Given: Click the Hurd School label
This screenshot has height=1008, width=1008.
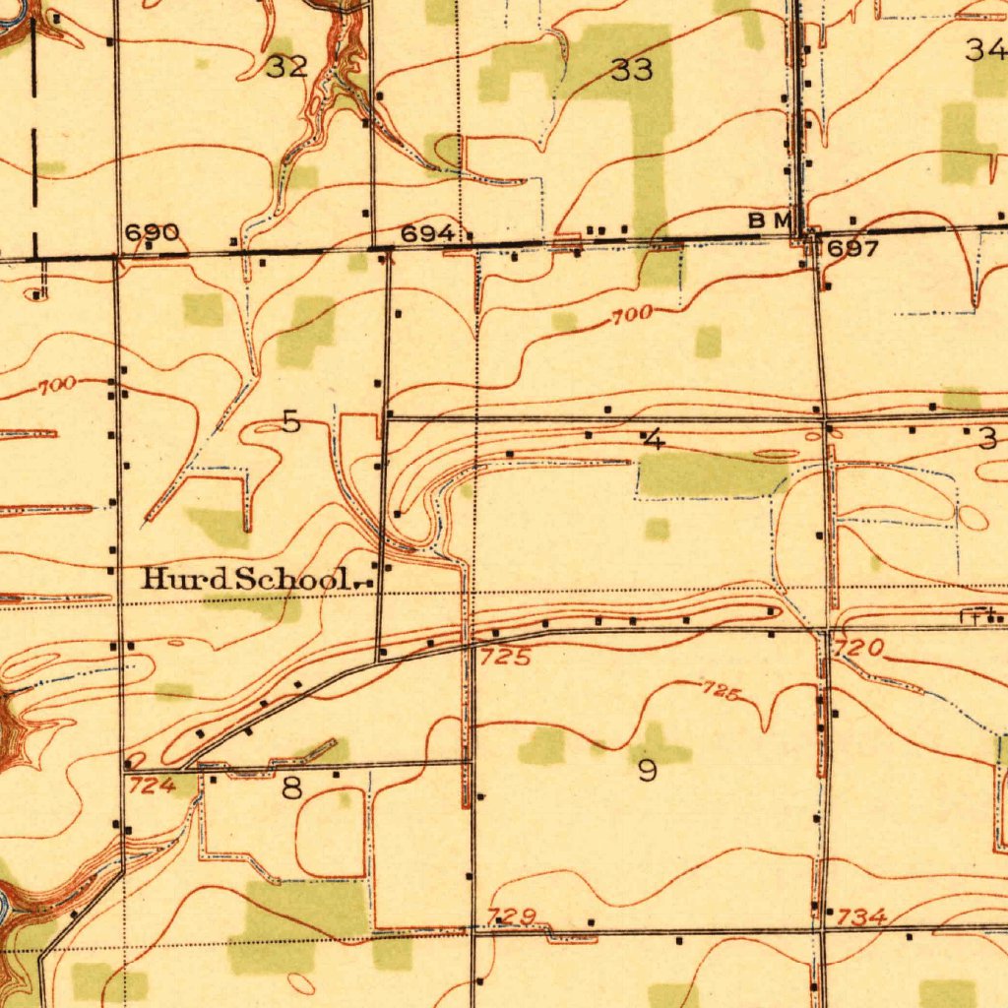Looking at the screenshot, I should pos(245,579).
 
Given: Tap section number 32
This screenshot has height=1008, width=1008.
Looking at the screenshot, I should pos(286,67).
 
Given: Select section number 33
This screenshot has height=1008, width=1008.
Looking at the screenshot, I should pos(631,70).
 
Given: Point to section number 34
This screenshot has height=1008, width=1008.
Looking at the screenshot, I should pos(985,48).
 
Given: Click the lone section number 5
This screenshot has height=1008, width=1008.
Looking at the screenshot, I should pos(290,421).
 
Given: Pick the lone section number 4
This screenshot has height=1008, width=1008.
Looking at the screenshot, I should pos(653,439).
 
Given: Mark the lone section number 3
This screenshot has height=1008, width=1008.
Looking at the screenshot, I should pos(987,439).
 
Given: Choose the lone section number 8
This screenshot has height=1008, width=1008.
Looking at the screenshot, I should pos(291,787).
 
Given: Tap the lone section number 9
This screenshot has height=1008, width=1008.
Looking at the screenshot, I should pos(647,770).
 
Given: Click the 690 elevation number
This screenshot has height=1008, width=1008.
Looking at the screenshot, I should pos(152,233).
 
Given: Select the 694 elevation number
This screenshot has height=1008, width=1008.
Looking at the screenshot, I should pos(427,233).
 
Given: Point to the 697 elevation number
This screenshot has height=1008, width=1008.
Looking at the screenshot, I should pos(851,249).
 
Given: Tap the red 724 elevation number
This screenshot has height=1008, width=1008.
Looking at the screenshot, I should pos(151,785).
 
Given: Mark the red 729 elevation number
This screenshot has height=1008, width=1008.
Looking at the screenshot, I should pos(513,916).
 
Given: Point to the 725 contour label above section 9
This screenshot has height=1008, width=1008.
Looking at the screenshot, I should pos(721,692).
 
